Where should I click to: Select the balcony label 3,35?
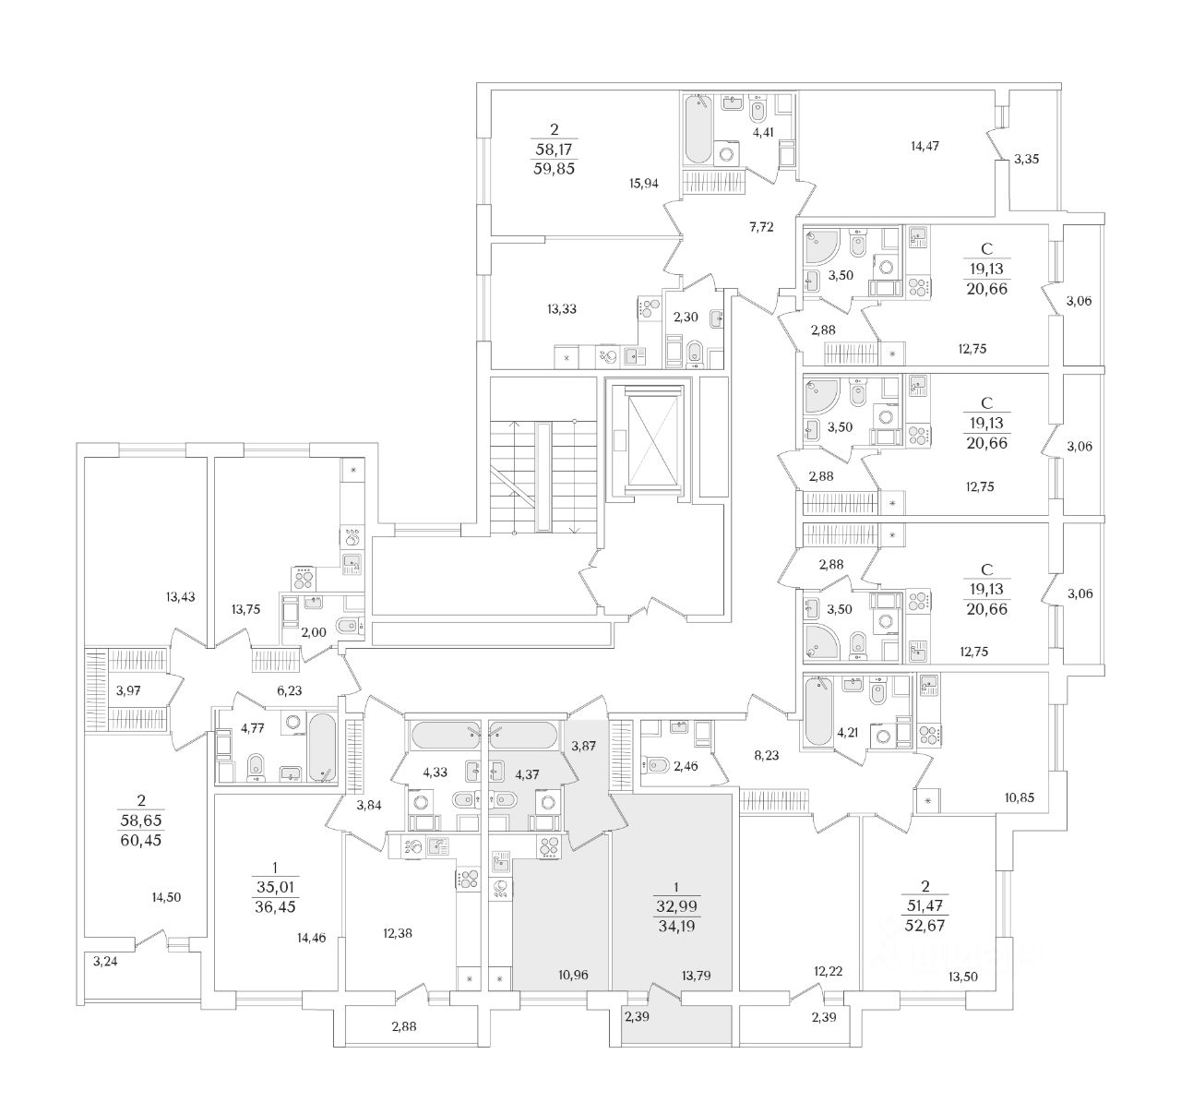tap(1026, 160)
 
